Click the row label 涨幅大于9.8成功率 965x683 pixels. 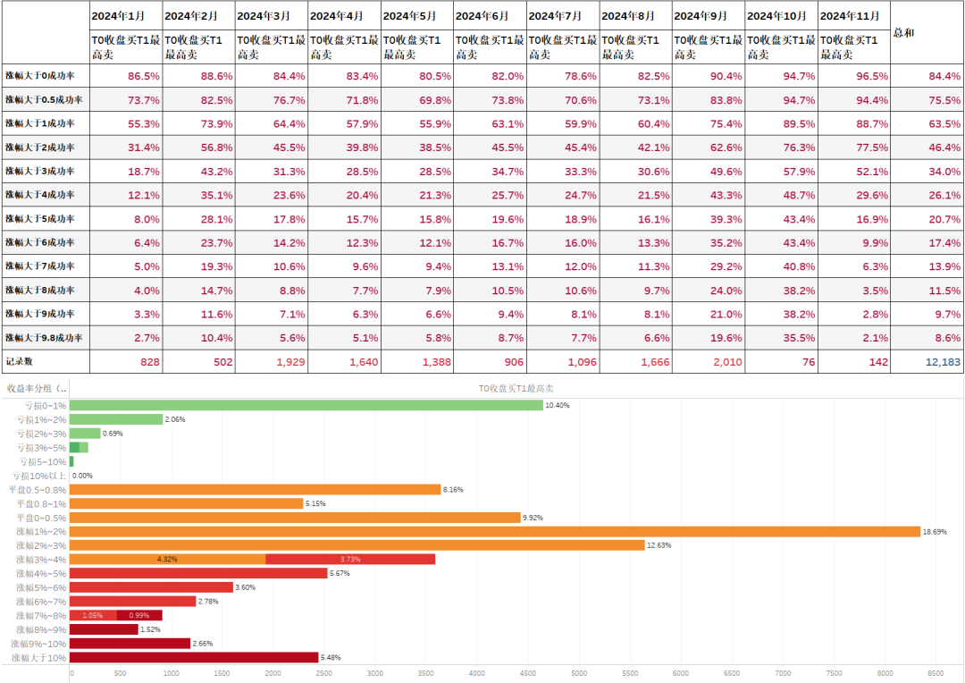pos(44,337)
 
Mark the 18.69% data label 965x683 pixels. pos(935,531)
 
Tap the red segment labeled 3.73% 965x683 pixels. pos(349,559)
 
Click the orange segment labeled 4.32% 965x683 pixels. pos(167,559)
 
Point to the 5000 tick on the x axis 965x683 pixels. pos(579,673)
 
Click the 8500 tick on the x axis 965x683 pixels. pos(936,673)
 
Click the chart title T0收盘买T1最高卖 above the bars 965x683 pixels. pos(516,388)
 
